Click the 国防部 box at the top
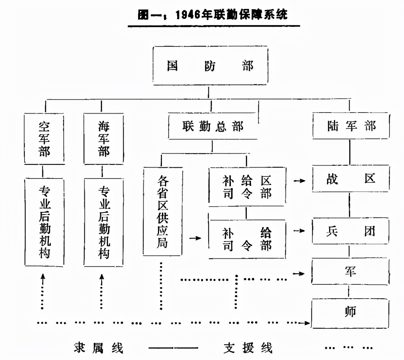pos(210,66)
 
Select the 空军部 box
pos(44,138)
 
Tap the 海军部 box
pos(104,138)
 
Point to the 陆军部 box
pos(351,126)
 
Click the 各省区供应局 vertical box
pos(163,212)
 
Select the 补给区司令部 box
pos(247,187)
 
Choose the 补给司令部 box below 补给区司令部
pos(247,239)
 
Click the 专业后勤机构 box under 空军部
pos(44,222)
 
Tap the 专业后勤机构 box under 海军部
pos(104,222)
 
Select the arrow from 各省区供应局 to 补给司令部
pos(195,238)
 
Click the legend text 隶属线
pos(98,348)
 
